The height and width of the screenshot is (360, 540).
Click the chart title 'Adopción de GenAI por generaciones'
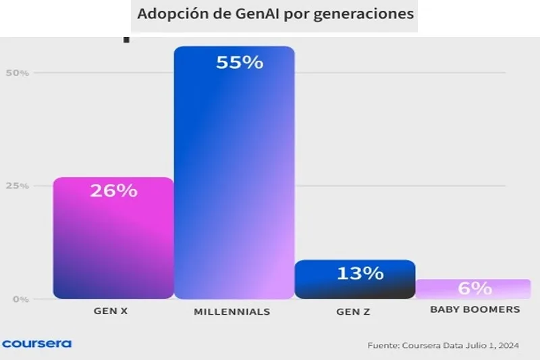[275, 14]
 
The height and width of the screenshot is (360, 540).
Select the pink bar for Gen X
[113, 243]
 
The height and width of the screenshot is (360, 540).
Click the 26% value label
[113, 191]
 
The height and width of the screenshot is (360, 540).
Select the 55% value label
[239, 63]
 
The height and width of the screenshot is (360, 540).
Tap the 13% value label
[360, 274]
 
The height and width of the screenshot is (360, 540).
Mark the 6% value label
[475, 288]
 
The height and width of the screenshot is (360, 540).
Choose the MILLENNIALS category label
[232, 312]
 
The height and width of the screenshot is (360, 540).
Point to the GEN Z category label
[353, 312]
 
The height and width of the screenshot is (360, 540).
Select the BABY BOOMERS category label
[475, 309]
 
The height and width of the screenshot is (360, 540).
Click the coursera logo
[36, 343]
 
